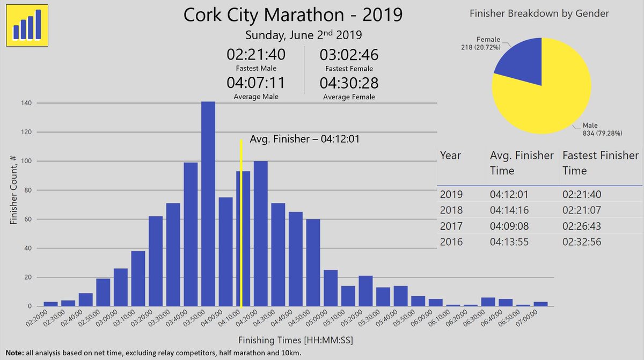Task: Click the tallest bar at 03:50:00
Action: (x=208, y=204)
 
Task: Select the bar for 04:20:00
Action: (x=260, y=233)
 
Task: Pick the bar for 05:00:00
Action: (x=331, y=288)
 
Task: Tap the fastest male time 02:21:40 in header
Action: (x=256, y=55)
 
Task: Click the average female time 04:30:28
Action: (x=349, y=84)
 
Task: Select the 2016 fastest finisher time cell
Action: (x=581, y=242)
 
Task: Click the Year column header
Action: (x=450, y=156)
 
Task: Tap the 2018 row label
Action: (x=451, y=210)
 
